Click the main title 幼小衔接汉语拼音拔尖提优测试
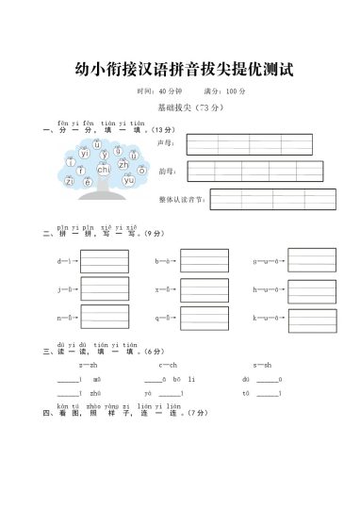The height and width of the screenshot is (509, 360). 179,70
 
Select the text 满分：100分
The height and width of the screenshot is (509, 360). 224,91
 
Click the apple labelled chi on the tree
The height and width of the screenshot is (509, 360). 104,170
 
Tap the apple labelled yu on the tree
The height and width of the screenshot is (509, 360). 129,179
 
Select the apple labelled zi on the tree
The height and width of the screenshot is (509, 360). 70,181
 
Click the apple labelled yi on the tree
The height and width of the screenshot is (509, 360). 84,153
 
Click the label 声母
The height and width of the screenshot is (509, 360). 167,143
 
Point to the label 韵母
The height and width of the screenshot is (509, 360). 167,172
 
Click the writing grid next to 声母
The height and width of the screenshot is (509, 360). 249,144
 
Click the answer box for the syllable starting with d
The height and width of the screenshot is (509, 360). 105,260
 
